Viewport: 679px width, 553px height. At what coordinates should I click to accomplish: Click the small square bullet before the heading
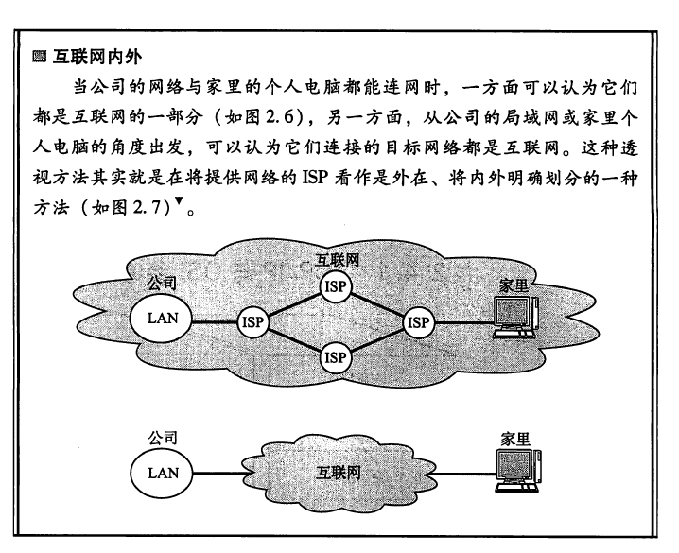38,60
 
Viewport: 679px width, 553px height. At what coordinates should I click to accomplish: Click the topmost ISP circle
335,285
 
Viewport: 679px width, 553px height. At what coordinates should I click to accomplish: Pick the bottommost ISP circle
335,356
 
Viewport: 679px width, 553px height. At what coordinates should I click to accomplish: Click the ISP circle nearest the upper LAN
252,321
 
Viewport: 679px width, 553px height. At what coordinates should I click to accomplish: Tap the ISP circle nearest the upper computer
417,321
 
